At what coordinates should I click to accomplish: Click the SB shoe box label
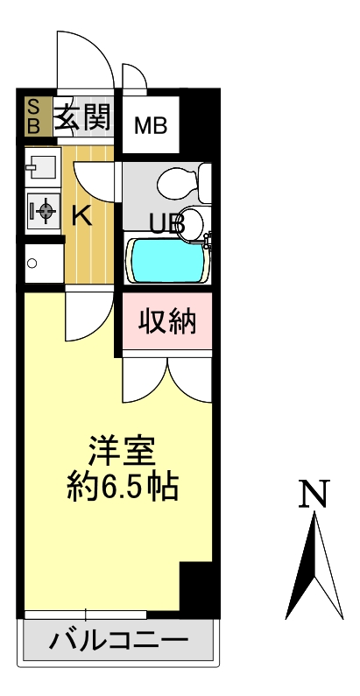34,116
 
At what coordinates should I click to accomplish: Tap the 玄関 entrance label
83,116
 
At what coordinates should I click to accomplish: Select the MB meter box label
151,125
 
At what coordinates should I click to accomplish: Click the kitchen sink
43,166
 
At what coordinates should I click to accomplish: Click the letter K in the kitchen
82,217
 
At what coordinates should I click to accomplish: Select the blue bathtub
167,261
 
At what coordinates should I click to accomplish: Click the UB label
166,224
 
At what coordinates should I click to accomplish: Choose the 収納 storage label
167,321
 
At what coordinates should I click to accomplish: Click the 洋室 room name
121,451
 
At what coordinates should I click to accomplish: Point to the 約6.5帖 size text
123,486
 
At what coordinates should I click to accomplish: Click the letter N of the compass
314,493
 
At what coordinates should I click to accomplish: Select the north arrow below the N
314,565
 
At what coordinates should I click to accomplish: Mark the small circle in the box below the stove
32,264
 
